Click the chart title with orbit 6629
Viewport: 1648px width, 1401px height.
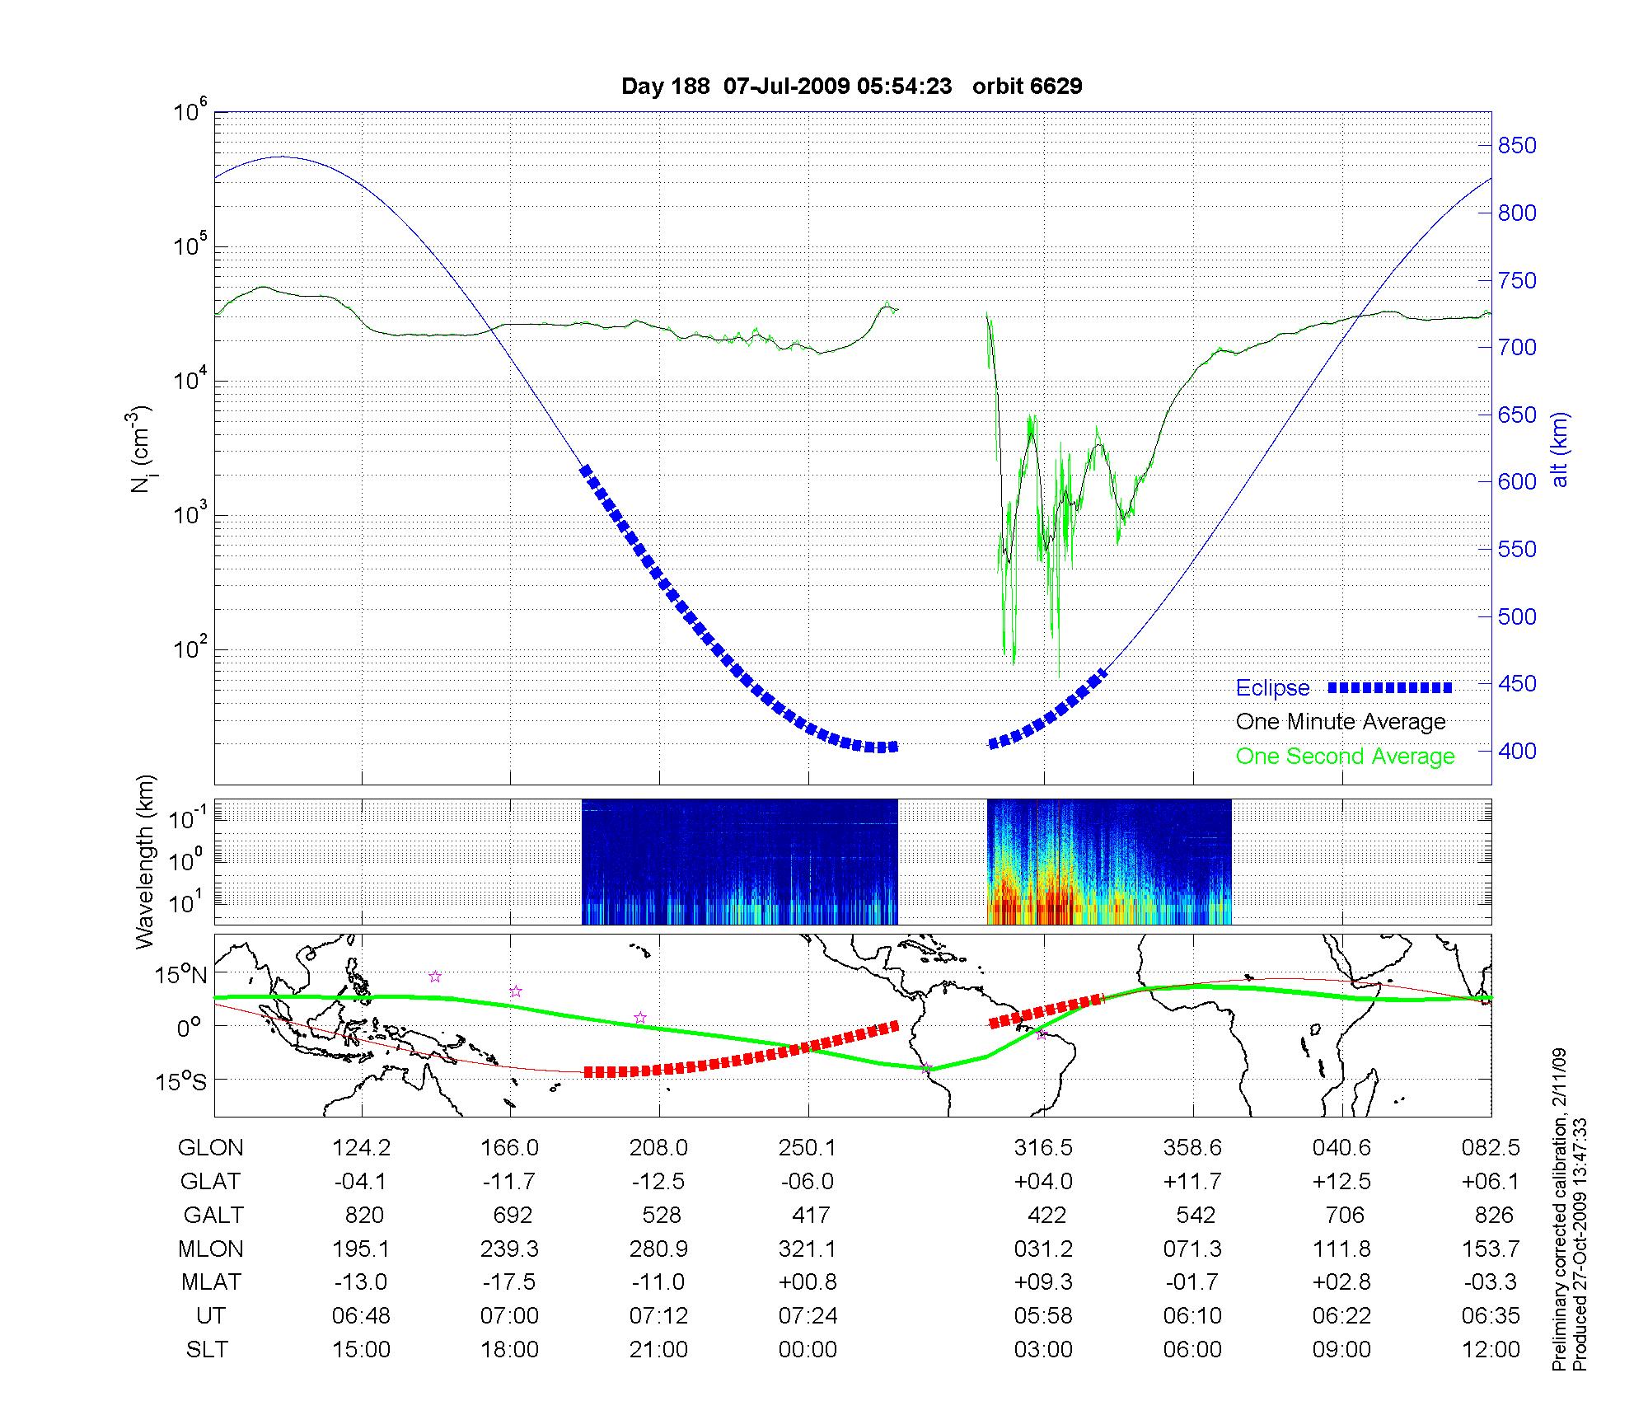pyautogui.click(x=851, y=87)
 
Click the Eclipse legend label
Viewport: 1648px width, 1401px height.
pyautogui.click(x=1272, y=688)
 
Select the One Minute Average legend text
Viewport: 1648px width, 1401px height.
pyautogui.click(x=1341, y=722)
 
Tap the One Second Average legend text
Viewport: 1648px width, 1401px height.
pyautogui.click(x=1345, y=757)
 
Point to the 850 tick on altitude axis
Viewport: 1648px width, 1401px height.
pyautogui.click(x=1517, y=146)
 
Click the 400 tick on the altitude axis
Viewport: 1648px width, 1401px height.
pyautogui.click(x=1517, y=751)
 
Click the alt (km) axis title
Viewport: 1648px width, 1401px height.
pyautogui.click(x=1560, y=449)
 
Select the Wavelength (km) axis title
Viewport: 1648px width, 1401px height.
pyautogui.click(x=146, y=862)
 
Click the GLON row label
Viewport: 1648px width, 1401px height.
pyautogui.click(x=211, y=1148)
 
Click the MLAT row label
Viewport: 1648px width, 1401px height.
pyautogui.click(x=211, y=1282)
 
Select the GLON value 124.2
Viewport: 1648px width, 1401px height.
pyautogui.click(x=361, y=1148)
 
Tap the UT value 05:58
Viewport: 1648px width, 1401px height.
pyautogui.click(x=1043, y=1316)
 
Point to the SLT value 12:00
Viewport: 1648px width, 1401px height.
pyautogui.click(x=1491, y=1350)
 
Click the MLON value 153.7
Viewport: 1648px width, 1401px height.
pyautogui.click(x=1491, y=1249)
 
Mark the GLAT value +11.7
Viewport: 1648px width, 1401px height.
pyautogui.click(x=1192, y=1182)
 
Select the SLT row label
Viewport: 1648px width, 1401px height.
pyautogui.click(x=207, y=1350)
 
